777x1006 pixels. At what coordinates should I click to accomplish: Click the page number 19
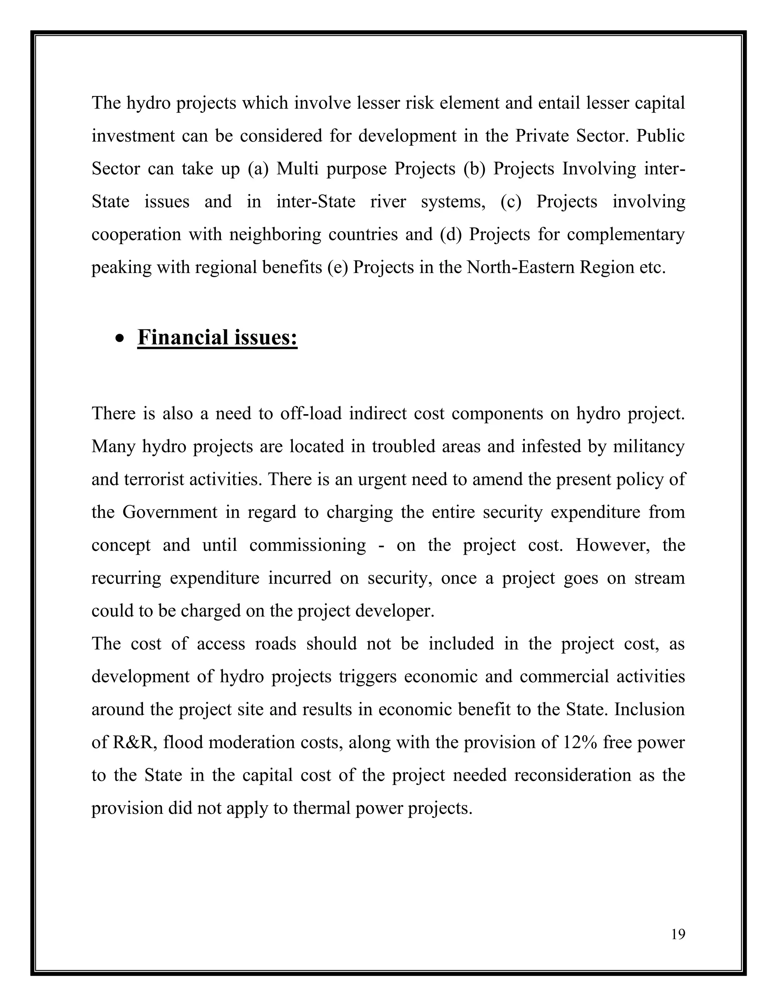pos(678,934)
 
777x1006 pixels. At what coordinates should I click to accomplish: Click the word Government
pos(169,512)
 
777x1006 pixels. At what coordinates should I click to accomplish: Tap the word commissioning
pos(307,546)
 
